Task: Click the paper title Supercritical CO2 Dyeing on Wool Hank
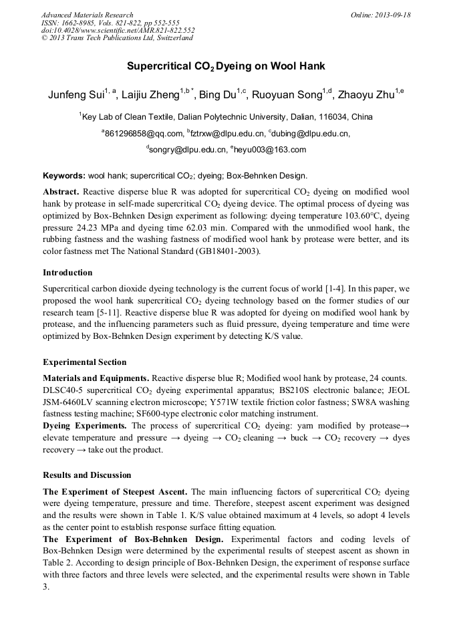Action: (x=226, y=67)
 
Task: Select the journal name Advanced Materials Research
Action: (x=87, y=15)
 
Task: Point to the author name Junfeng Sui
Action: (x=74, y=95)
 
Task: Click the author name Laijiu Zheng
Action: (x=151, y=95)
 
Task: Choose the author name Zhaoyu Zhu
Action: (x=366, y=95)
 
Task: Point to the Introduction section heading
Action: (x=67, y=273)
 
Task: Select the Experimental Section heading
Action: (x=84, y=362)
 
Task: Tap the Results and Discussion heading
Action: (x=87, y=475)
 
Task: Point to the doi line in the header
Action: (x=118, y=30)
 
